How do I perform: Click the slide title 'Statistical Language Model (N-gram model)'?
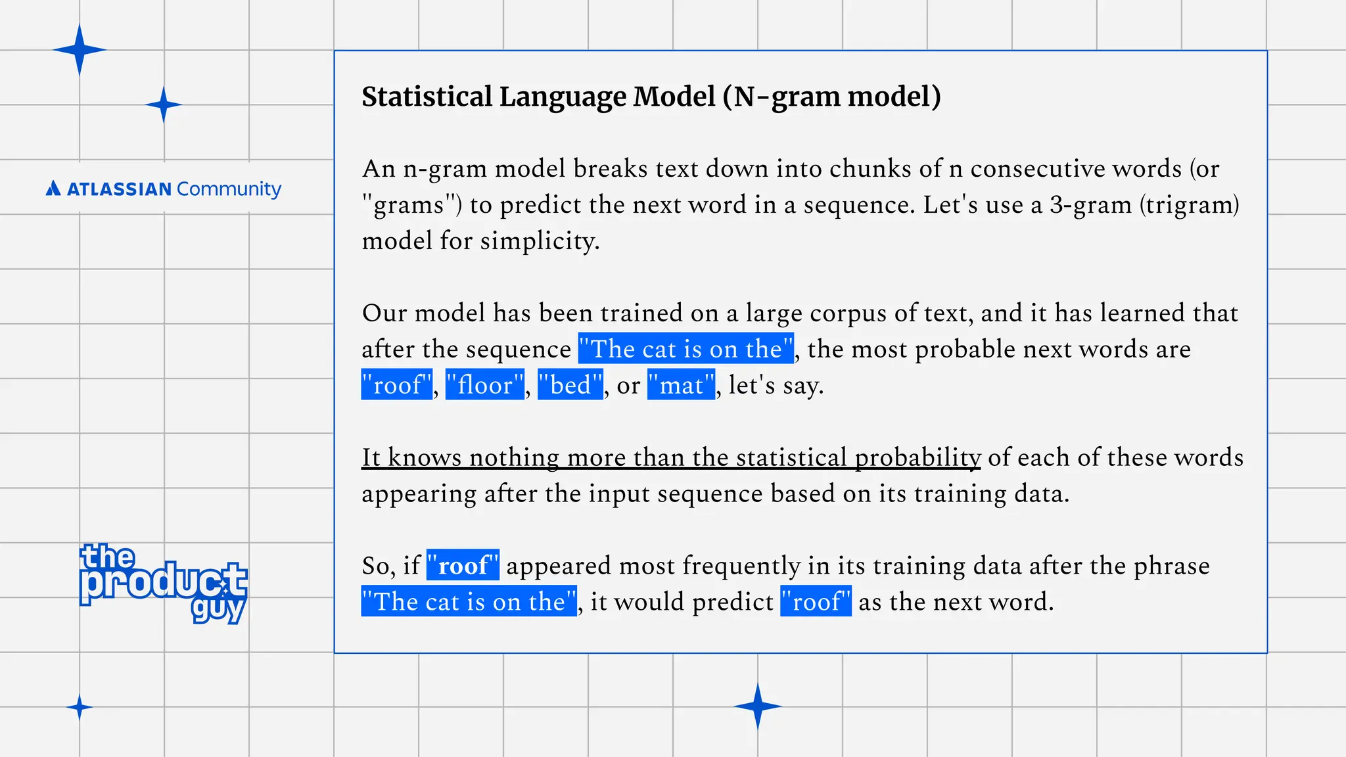(651, 97)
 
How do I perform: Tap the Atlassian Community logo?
(163, 189)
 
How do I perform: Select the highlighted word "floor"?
(485, 385)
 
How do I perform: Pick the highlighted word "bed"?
(570, 385)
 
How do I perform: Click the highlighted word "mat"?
(681, 385)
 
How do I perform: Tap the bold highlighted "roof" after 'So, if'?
(463, 565)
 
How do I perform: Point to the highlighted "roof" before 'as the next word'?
(816, 601)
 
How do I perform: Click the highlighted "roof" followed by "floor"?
(397, 385)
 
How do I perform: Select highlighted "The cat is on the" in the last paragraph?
(469, 601)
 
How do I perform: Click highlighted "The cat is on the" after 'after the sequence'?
(686, 349)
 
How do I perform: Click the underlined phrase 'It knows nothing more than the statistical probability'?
(670, 457)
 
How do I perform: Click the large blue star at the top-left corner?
(79, 50)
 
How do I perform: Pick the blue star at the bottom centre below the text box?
(757, 706)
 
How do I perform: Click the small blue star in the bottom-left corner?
(80, 707)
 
